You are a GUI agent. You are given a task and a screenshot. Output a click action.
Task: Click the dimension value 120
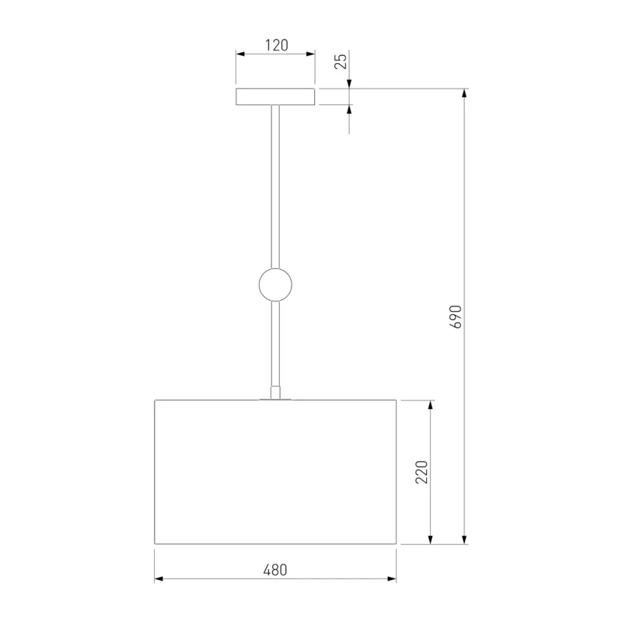[277, 45]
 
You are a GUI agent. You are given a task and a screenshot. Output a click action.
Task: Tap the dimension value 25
[341, 61]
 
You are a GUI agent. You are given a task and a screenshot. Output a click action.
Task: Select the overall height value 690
[456, 316]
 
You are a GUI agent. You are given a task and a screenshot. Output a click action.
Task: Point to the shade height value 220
[421, 472]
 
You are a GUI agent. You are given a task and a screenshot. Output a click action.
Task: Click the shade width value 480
[275, 570]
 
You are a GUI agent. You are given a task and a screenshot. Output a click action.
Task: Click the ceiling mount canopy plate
[275, 96]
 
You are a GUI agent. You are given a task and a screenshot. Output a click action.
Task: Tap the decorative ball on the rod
[275, 285]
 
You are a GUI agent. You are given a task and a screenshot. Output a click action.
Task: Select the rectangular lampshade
[275, 472]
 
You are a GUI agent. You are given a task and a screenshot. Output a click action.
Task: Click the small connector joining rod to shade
[275, 393]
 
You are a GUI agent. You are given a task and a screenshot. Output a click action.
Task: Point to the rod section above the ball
[275, 187]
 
